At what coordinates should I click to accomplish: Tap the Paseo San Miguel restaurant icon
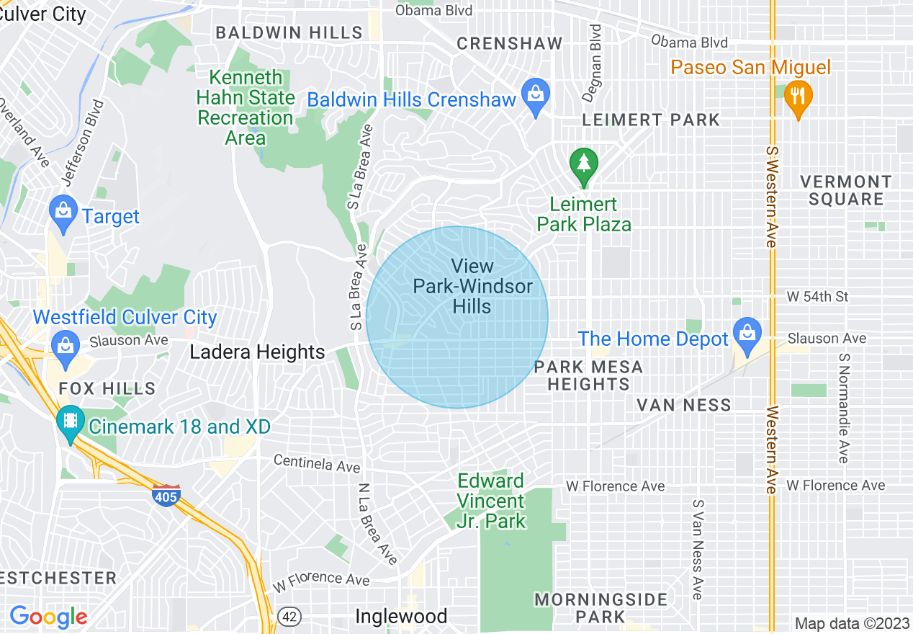(797, 97)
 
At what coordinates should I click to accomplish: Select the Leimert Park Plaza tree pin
(583, 164)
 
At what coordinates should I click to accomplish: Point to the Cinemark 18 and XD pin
(70, 423)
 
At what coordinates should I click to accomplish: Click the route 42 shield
(290, 617)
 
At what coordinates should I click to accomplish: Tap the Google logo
(48, 617)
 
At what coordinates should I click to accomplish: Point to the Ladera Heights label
(257, 352)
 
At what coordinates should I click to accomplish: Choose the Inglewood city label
(401, 617)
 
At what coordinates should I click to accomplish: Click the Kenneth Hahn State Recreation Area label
(246, 107)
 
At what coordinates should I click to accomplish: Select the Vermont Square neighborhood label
(845, 190)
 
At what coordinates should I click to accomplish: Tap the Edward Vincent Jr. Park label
(492, 501)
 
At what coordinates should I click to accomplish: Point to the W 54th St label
(817, 297)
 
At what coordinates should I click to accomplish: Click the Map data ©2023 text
(852, 623)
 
